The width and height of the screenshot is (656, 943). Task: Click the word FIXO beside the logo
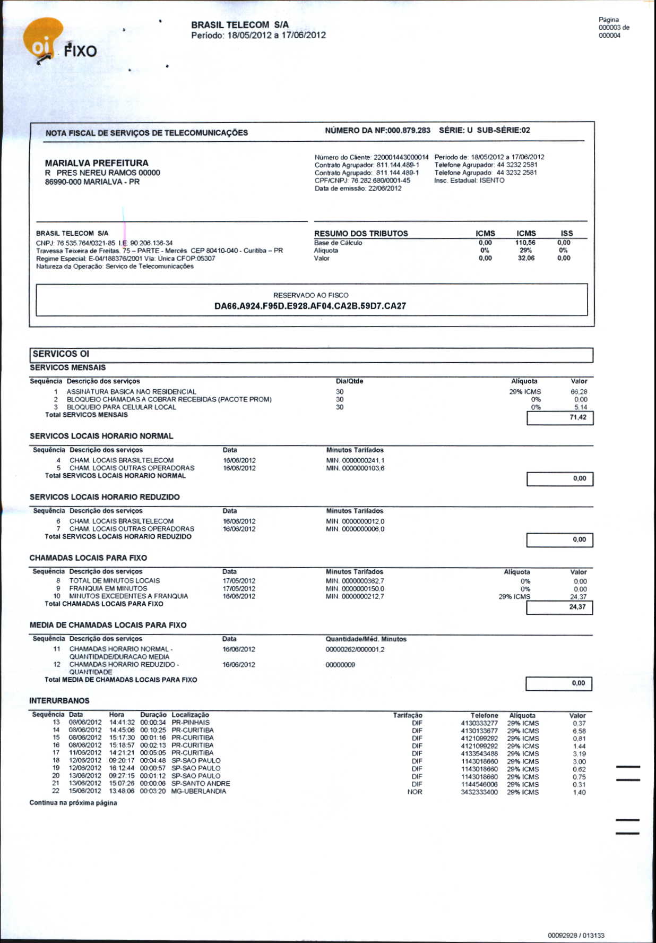81,52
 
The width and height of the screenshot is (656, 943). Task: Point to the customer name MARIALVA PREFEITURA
97,163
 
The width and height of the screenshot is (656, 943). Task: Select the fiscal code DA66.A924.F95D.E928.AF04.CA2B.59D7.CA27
310,306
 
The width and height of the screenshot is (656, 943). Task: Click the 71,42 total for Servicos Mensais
577,417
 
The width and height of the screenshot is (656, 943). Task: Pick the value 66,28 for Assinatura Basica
579,392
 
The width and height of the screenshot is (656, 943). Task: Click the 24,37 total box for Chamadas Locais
577,607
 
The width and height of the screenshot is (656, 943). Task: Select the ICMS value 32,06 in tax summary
526,258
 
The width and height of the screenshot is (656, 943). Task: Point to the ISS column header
567,233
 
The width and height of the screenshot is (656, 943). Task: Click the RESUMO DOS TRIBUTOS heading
361,234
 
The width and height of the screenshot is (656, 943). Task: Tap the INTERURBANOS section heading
59,701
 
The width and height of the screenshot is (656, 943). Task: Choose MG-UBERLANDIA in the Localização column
198,792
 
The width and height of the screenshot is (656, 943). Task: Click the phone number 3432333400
479,792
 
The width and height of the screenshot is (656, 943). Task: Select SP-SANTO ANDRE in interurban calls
201,784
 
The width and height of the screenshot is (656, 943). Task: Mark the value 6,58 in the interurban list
579,731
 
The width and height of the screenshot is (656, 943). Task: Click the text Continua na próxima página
73,803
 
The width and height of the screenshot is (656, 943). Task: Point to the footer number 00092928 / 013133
576,935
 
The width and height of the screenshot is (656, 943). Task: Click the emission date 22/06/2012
385,188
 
